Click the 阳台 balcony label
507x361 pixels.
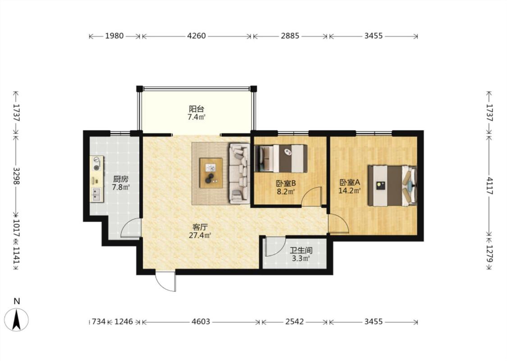tap(196, 109)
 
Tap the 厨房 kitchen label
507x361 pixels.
tap(121, 179)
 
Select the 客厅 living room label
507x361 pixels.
tap(200, 227)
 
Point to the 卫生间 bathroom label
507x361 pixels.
tap(301, 250)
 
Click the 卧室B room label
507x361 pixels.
tap(286, 184)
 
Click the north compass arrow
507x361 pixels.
tap(17, 319)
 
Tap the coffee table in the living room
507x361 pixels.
tap(211, 173)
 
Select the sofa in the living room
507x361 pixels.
tap(239, 174)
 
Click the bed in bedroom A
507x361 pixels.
tap(392, 185)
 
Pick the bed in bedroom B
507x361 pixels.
tap(281, 158)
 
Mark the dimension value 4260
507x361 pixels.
tap(196, 36)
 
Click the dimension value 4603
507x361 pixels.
tap(201, 322)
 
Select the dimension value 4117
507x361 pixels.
tap(490, 186)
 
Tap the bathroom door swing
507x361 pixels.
tap(274, 246)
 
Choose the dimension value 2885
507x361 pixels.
tap(290, 36)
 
